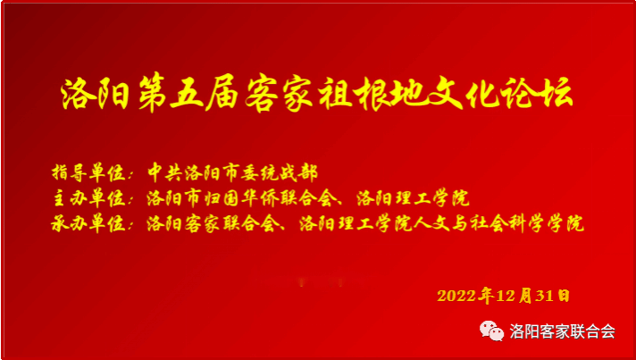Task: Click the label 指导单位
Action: point(88,173)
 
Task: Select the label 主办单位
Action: point(88,198)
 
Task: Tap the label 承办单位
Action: point(88,223)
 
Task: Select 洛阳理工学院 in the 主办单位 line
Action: point(413,198)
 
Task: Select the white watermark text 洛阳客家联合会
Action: point(562,331)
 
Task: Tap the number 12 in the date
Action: point(506,296)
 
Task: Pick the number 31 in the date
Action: point(544,296)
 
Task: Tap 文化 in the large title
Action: point(445,94)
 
